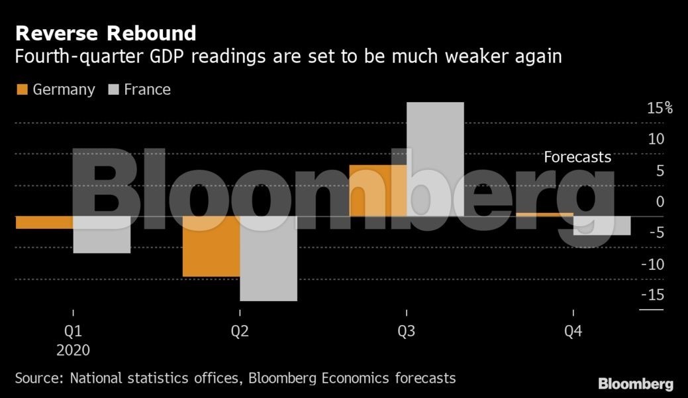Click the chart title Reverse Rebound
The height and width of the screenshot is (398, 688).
tap(106, 33)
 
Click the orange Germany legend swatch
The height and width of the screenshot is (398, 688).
tap(21, 90)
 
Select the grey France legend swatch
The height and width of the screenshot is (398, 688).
tap(113, 90)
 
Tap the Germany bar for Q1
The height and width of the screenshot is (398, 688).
tap(44, 222)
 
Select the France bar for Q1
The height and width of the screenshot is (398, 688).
tap(102, 234)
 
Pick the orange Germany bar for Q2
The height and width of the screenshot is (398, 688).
tap(211, 246)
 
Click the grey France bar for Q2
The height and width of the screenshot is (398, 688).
tap(268, 258)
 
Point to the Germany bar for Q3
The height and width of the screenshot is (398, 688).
tap(377, 190)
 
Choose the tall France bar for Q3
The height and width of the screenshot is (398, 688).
tap(435, 159)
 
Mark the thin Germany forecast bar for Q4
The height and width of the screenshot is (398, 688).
tap(544, 214)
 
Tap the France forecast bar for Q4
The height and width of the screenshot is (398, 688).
tap(602, 226)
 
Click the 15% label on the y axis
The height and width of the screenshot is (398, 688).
tap(660, 108)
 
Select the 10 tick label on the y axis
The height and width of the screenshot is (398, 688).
tap(656, 139)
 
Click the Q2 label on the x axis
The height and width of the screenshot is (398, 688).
tap(240, 330)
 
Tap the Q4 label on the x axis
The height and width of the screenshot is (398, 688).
tap(573, 330)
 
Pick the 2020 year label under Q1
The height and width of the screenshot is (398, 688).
tap(73, 350)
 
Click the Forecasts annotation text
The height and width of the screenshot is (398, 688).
tap(577, 158)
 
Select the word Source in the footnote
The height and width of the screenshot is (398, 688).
tap(38, 378)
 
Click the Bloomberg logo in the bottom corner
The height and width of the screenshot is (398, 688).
tap(636, 383)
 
